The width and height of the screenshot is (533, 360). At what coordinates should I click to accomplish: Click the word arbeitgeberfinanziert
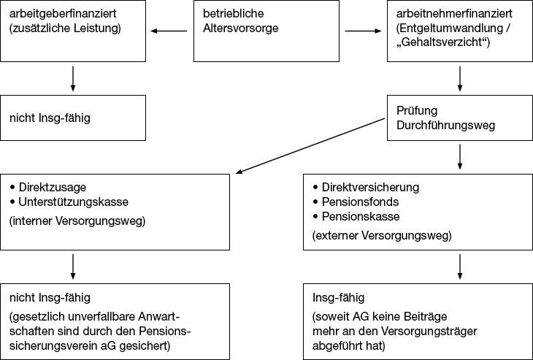[x=63, y=14]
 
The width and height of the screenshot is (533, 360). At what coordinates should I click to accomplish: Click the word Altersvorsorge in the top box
[x=241, y=28]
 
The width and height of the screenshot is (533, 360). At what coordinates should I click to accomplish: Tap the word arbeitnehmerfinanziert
[x=454, y=14]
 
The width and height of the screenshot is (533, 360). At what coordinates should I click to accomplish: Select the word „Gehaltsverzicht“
[x=443, y=42]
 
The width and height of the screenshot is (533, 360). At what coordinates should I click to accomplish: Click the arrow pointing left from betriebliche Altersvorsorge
[x=169, y=31]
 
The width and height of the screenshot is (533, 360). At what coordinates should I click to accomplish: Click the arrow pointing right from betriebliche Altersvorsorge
[x=363, y=31]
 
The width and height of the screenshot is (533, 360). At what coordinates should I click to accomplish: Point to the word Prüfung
[x=417, y=111]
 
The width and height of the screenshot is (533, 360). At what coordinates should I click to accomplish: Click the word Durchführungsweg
[x=445, y=126]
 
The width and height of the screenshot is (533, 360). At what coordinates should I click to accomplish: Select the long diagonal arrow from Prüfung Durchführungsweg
[x=310, y=146]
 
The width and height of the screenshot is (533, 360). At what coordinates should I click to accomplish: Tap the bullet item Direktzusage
[x=48, y=188]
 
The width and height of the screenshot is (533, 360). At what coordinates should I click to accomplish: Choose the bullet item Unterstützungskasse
[x=69, y=202]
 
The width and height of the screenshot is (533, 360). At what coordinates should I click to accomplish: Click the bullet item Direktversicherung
[x=366, y=188]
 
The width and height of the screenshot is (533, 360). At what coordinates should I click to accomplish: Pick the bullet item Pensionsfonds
[x=356, y=202]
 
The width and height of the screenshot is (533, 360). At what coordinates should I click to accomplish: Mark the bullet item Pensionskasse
[x=356, y=217]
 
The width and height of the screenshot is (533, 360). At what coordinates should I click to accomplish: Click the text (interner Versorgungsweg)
[x=77, y=221]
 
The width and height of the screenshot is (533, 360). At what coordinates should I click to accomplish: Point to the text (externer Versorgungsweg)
[x=382, y=236]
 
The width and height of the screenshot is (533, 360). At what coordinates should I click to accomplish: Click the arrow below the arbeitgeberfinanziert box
[x=73, y=79]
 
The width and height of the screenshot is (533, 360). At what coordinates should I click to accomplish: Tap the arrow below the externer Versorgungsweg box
[x=460, y=267]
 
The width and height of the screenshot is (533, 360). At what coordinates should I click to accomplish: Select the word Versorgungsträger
[x=429, y=331]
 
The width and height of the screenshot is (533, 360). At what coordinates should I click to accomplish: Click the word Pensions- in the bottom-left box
[x=165, y=331]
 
